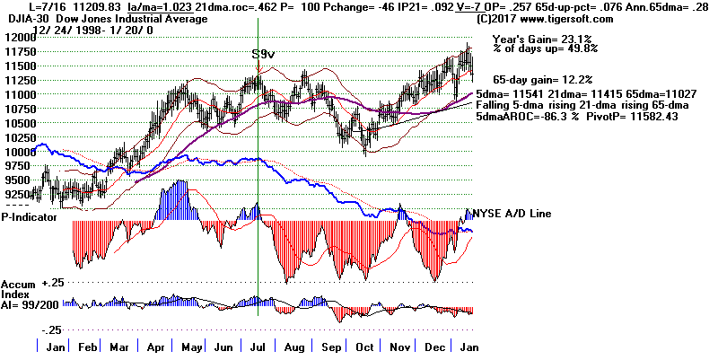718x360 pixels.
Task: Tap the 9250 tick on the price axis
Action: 17,193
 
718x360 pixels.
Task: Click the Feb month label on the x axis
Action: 87,347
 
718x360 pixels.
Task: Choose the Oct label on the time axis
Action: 365,347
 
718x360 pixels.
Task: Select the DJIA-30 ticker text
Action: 25,18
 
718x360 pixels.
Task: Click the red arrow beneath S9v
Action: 258,68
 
